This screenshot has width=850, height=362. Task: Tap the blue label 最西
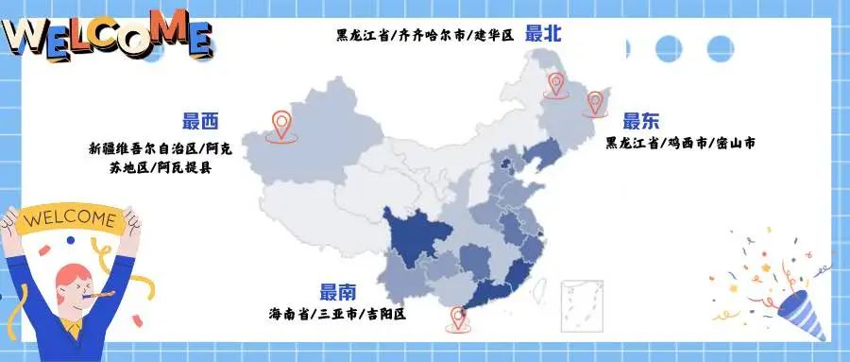200,121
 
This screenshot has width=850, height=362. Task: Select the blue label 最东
641,121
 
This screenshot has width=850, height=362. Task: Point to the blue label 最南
338,292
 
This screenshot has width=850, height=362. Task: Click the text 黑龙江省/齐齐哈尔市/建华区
424,35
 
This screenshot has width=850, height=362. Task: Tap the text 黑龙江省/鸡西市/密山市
680,144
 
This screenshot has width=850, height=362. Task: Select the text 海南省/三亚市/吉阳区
337,313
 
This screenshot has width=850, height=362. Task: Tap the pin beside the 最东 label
595,102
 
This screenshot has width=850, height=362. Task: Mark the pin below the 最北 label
554,85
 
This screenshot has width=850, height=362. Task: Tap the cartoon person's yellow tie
73,331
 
